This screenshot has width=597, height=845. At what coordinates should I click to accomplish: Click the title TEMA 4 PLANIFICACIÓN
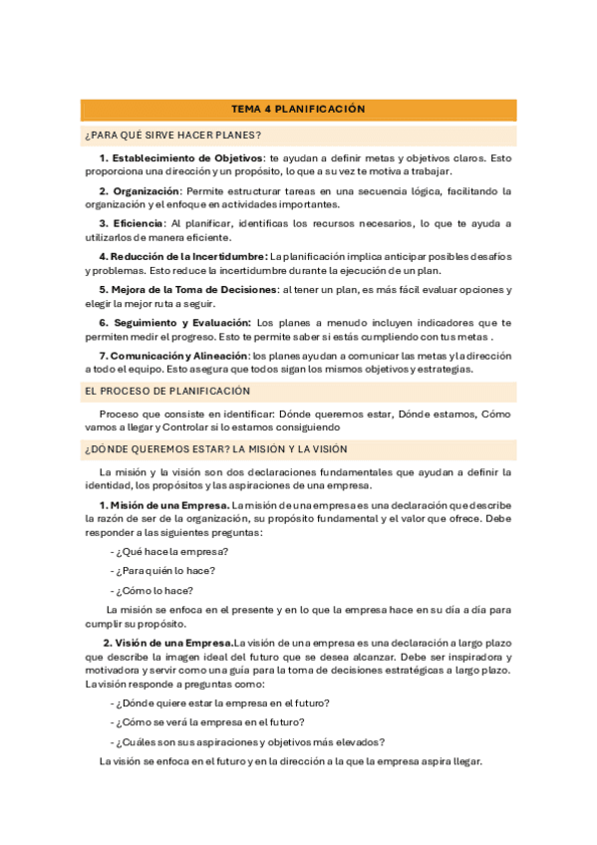[x=298, y=109]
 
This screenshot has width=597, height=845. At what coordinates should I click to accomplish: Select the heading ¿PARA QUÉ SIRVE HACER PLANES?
[x=173, y=135]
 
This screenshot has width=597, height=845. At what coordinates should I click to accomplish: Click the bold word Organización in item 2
[x=147, y=190]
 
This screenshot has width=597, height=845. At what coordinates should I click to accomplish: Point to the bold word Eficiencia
[x=139, y=223]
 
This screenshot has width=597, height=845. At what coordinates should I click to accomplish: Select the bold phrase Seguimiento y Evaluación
[x=180, y=323]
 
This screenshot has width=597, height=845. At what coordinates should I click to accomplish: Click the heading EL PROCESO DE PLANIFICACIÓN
[x=167, y=392]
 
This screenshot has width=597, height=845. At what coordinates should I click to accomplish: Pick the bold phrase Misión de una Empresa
[x=169, y=505]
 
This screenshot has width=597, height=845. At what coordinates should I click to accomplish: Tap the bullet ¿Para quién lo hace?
[x=164, y=571]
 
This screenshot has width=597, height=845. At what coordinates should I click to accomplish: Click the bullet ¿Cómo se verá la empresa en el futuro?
[x=210, y=721]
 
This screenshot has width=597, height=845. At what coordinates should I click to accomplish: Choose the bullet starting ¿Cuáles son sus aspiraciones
[x=250, y=741]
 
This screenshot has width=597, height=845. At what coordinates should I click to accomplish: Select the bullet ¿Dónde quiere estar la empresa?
[x=222, y=703]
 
